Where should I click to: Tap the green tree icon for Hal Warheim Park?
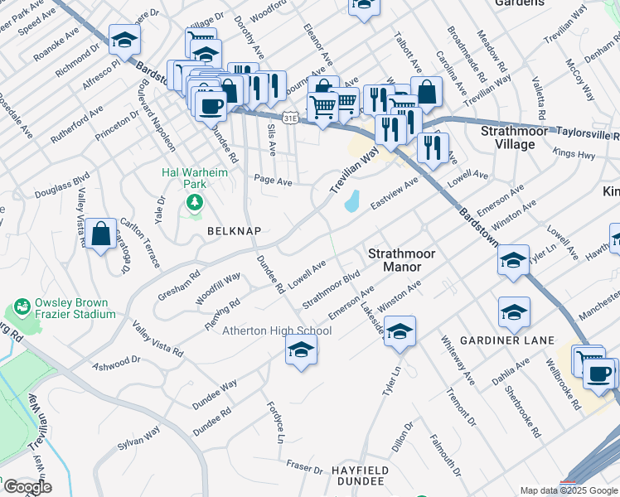pyautogui.click(x=195, y=201)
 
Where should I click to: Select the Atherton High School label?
pyautogui.click(x=277, y=331)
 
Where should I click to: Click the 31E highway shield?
pyautogui.click(x=289, y=119)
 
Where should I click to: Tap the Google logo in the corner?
pyautogui.click(x=27, y=487)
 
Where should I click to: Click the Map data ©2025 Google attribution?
pyautogui.click(x=569, y=490)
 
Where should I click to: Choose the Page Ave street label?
pyautogui.click(x=274, y=180)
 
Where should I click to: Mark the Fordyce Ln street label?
pyautogui.click(x=278, y=420)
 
